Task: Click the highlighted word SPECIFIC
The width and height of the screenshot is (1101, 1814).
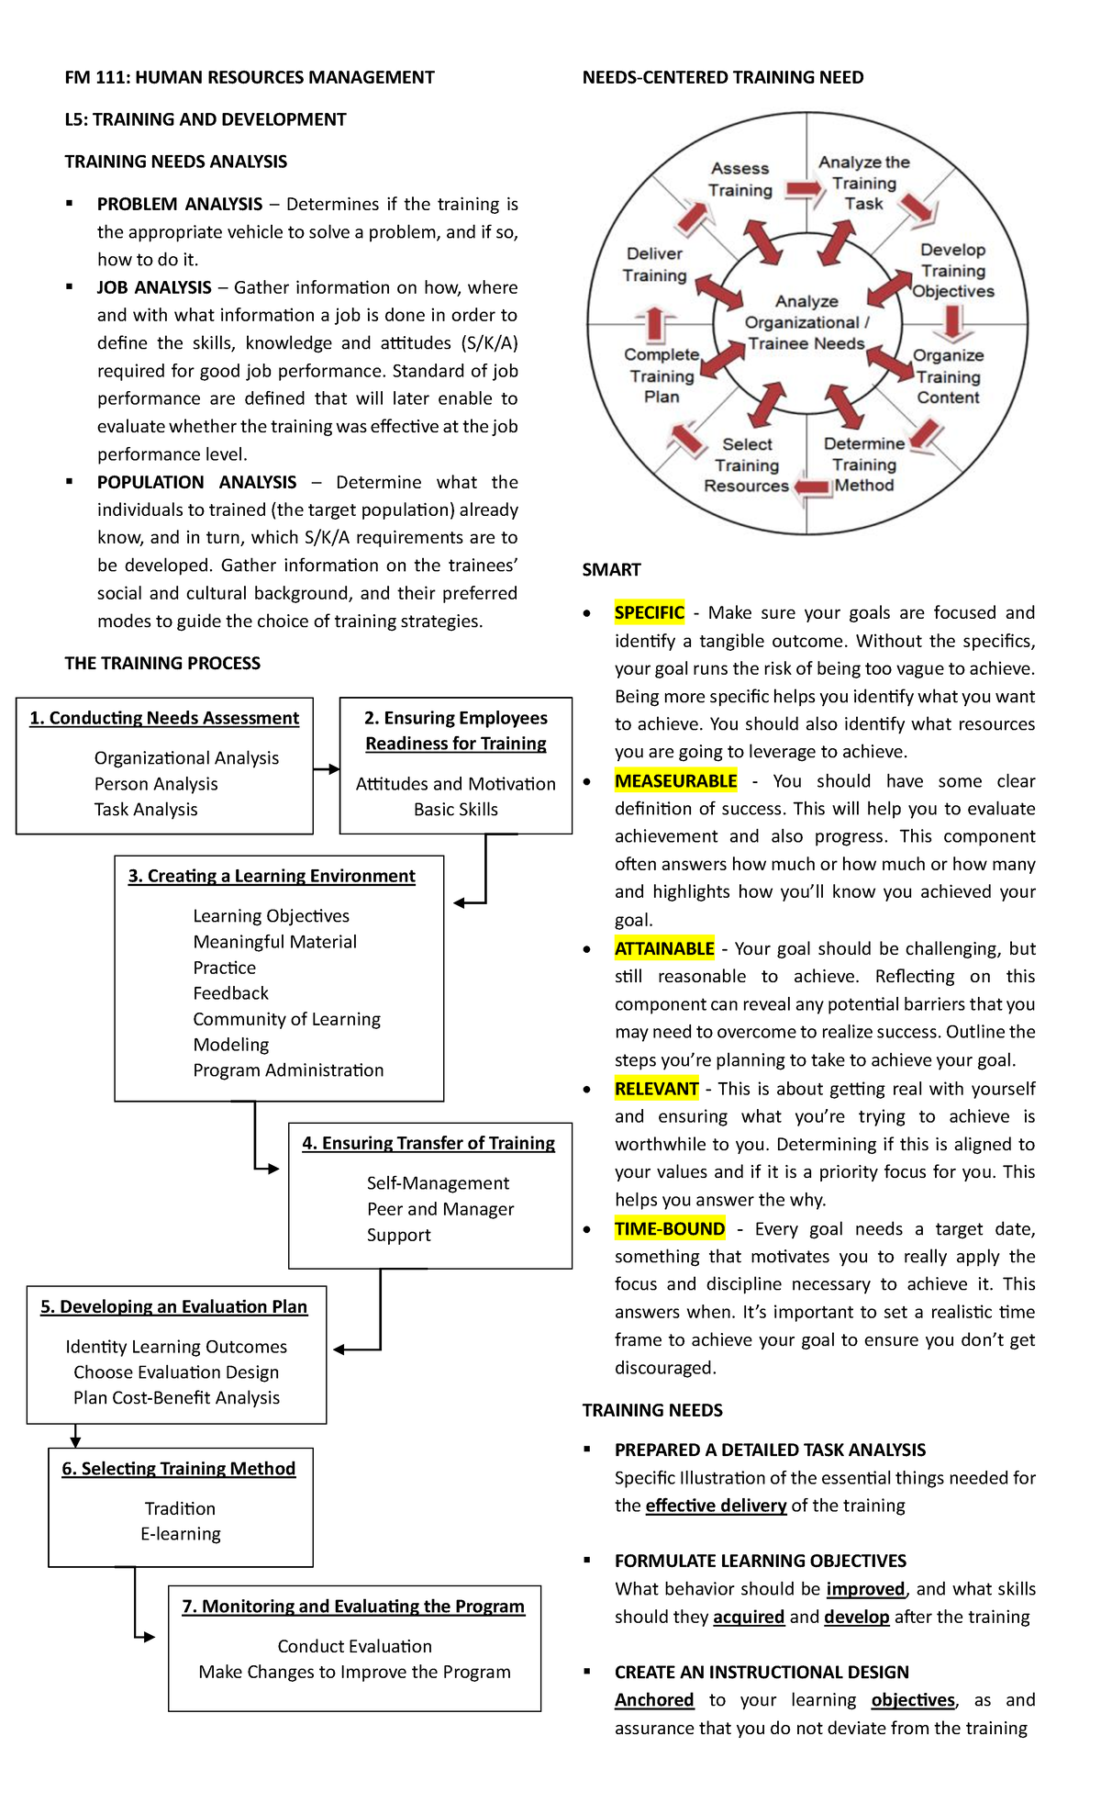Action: [650, 612]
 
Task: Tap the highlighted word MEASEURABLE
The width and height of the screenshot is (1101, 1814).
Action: [675, 780]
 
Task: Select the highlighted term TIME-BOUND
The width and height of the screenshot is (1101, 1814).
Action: [670, 1228]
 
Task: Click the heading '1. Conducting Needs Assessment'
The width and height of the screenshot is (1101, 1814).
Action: [164, 718]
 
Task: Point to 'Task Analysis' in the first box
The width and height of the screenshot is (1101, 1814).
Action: [146, 809]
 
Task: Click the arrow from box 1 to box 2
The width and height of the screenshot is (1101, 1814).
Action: [326, 769]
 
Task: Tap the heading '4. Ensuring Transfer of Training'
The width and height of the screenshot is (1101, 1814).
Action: [428, 1143]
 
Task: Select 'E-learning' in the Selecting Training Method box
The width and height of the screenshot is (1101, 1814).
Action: [181, 1533]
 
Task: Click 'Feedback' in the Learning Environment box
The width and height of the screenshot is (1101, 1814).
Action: [230, 992]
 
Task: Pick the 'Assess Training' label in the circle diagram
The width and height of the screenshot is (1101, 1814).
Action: [740, 179]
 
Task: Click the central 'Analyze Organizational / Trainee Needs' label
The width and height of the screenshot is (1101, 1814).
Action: [806, 322]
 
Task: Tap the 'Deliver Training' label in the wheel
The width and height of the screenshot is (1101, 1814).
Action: [654, 264]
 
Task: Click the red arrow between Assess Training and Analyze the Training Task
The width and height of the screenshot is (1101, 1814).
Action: [805, 188]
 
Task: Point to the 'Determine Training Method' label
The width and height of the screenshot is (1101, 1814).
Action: [864, 465]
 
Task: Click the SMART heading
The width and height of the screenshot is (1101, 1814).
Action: [611, 569]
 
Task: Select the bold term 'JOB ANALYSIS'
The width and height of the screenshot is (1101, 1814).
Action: [154, 287]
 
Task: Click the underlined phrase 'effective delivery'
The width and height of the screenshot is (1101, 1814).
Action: [716, 1506]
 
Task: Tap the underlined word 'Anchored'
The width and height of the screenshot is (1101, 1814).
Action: [654, 1699]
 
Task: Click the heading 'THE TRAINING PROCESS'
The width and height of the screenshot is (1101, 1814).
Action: [162, 663]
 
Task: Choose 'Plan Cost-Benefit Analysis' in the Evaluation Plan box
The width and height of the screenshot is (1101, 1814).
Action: [176, 1397]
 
